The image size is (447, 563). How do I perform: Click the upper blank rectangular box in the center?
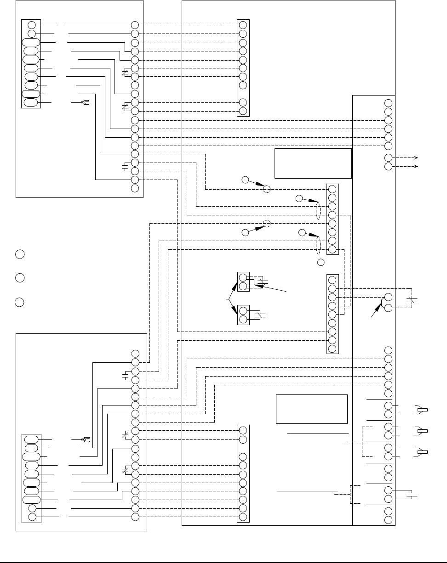(x=313, y=163)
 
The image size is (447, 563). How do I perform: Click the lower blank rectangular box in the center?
(x=311, y=409)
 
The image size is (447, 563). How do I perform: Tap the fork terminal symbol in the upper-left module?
(x=85, y=102)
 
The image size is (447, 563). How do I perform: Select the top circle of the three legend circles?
(x=19, y=254)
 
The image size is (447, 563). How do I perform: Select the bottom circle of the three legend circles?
(x=19, y=302)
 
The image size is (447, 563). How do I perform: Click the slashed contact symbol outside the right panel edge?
(x=413, y=301)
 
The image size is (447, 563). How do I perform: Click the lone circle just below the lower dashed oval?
(x=321, y=262)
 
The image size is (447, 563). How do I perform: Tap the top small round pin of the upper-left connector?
(x=31, y=25)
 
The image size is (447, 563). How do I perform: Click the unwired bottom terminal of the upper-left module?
(x=135, y=188)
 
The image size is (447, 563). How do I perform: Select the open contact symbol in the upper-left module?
(x=125, y=166)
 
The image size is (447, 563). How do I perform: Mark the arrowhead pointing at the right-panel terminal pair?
(x=380, y=305)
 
